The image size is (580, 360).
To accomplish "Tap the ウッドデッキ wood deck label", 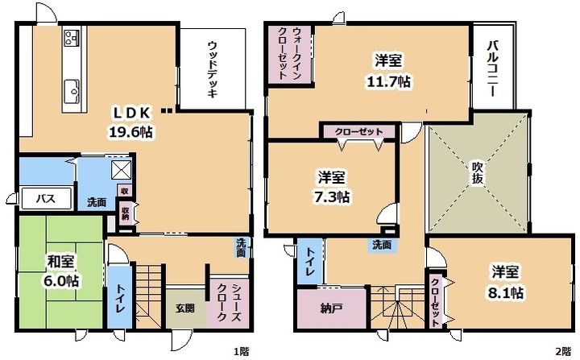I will (212, 69).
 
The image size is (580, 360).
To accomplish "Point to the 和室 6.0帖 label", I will (60, 271).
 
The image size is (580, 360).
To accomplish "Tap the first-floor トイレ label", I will (118, 300).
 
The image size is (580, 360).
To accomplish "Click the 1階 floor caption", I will (241, 351).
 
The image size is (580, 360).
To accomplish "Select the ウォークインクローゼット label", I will (286, 53).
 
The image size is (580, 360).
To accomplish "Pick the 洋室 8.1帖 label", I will (505, 282).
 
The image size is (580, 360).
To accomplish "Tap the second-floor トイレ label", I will (310, 262).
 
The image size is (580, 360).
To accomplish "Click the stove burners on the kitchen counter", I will (72, 38).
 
